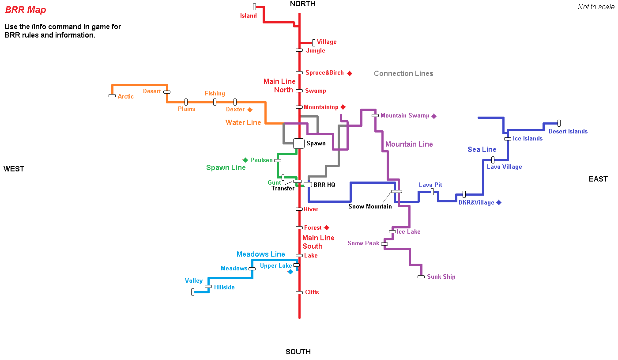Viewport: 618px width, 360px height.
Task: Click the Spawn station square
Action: coord(299,143)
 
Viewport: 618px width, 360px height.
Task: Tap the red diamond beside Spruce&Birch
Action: coord(350,73)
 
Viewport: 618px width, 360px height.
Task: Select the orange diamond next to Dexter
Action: coord(250,110)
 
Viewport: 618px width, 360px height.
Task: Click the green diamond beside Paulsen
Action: coord(245,160)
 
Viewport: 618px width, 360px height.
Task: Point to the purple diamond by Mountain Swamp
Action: coord(434,116)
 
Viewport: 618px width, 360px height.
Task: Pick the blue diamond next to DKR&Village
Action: coord(499,202)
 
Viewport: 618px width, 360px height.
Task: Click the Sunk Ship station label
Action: coord(441,277)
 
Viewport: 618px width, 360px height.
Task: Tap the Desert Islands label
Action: coord(568,132)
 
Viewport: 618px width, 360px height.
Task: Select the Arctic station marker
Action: coord(112,95)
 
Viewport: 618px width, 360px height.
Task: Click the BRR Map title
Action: coord(26,10)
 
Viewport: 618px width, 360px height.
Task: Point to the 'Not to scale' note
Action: coord(596,7)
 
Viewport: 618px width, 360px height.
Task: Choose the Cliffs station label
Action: coord(312,292)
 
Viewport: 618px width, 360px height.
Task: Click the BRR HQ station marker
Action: coord(308,185)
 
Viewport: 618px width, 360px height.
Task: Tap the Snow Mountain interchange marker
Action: coord(396,191)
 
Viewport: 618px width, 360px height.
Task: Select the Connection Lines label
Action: coord(403,74)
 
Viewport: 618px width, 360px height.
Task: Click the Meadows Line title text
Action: coord(261,254)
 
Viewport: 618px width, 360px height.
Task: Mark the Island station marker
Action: coord(255,7)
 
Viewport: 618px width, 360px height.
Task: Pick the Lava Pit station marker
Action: coord(432,192)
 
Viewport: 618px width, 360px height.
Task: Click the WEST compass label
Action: coord(14,169)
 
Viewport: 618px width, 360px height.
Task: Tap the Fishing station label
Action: coord(215,94)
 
